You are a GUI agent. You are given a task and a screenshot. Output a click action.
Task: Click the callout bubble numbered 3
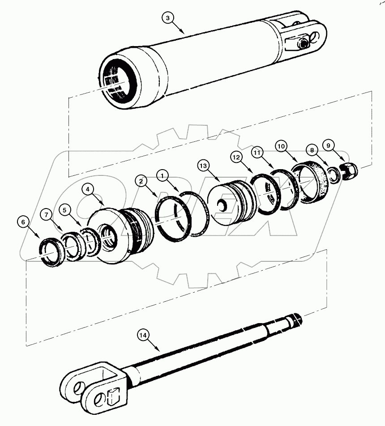pos(167,18)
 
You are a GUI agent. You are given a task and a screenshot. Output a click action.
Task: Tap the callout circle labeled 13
pos(204,166)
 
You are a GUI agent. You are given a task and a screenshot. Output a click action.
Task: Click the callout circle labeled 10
pos(281,146)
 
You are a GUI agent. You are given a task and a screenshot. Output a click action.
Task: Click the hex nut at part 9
pos(348,171)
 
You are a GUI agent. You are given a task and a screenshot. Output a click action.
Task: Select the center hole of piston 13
pos(222,206)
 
